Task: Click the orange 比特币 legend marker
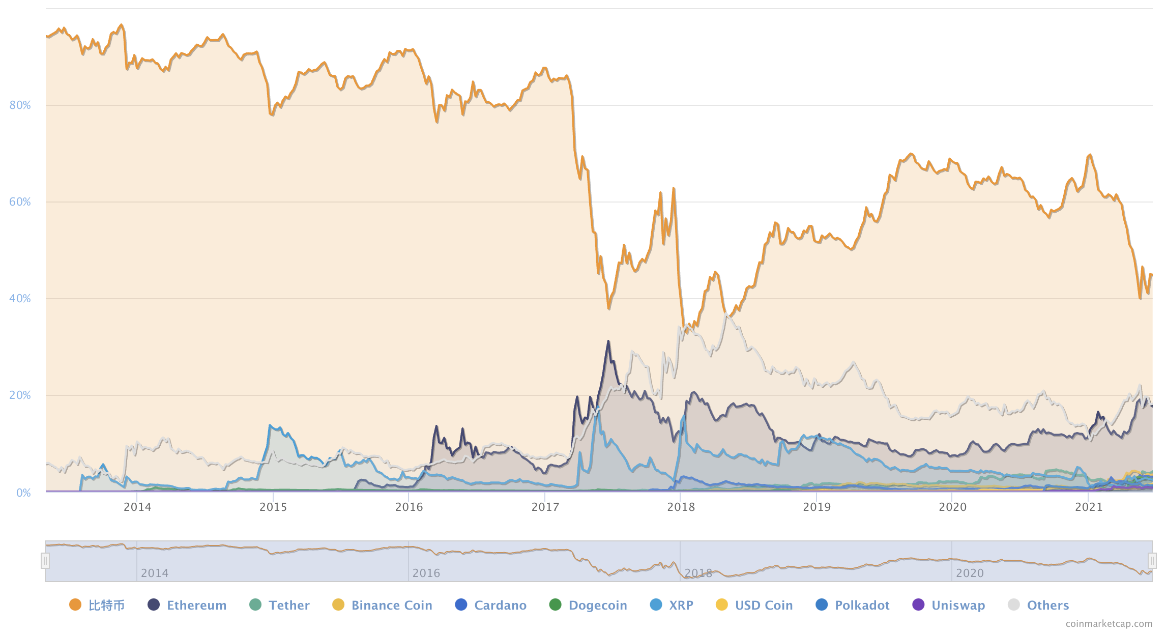click(75, 605)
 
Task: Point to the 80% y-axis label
click(20, 105)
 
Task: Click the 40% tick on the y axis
click(20, 299)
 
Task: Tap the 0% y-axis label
click(23, 493)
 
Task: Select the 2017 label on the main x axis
click(545, 507)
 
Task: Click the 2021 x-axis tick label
click(1088, 507)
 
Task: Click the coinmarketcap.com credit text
click(1109, 623)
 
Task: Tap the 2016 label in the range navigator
click(426, 573)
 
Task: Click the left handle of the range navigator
click(45, 561)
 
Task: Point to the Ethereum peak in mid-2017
click(608, 342)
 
